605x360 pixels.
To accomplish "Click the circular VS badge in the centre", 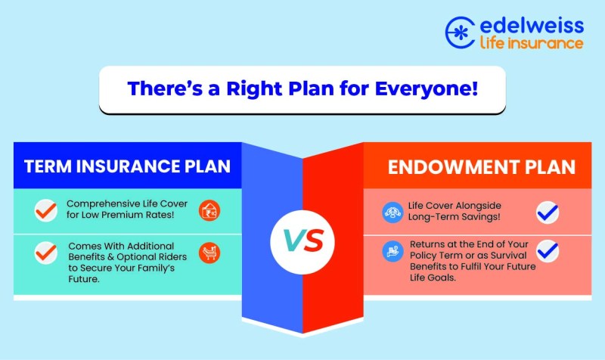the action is coord(302,242).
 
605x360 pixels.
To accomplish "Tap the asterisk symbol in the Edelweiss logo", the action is coord(459,33).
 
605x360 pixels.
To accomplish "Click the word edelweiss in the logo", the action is coord(532,25).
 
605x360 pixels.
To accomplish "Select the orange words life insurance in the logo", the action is coord(532,42).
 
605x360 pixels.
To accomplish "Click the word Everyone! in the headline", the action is coord(427,88).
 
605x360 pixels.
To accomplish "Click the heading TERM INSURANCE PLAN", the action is coord(127,166).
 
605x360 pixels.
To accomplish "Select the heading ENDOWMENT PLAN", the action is coord(482,167).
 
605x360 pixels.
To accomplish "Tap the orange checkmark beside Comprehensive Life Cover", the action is coord(46,211).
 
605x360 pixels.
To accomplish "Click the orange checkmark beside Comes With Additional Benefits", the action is coord(46,253).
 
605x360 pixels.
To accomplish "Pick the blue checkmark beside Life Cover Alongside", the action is coord(548,213).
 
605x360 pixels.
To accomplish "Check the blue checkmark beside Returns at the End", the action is coord(548,251).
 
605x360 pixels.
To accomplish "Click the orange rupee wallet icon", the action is coord(209,211).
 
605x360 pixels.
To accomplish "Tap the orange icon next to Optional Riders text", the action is coord(209,253).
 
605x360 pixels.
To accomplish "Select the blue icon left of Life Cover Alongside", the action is coord(392,213).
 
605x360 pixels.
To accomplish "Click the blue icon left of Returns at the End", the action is coord(392,251).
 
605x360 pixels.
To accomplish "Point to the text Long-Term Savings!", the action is coord(455,217).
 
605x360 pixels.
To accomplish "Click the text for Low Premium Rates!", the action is coord(120,215).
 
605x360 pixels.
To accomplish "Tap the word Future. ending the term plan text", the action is coord(84,279).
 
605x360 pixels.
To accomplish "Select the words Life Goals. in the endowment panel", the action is coord(433,278).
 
